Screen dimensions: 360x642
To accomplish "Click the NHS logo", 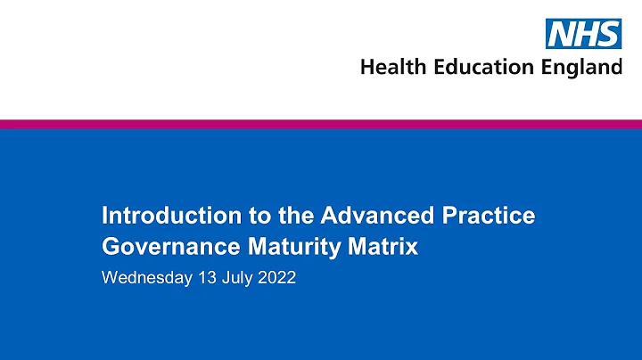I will (583, 35).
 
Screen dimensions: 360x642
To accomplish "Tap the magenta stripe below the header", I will (321, 124).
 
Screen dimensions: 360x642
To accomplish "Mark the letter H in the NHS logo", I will (585, 35).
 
